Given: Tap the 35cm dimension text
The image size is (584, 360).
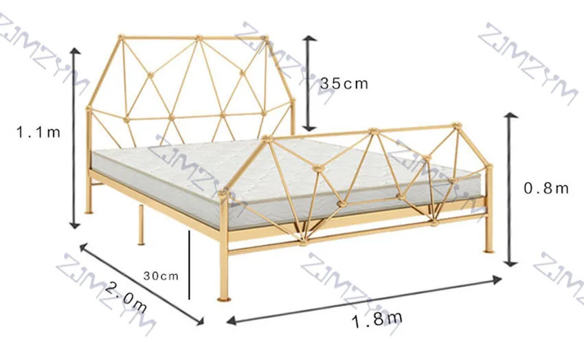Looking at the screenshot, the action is pos(344,84).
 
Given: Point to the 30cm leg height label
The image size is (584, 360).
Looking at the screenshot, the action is pos(161,275).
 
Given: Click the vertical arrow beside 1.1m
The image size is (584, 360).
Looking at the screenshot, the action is pos(75,137).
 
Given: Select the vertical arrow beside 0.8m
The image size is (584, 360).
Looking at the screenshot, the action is pos(510,189).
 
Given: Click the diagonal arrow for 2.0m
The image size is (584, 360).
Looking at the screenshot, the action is pos(141,282).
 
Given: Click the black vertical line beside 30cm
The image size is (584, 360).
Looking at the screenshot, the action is pos(189,265).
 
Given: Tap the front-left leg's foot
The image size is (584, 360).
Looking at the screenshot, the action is pos(223,297).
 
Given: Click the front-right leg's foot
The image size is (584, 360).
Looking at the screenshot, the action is pos(488,250).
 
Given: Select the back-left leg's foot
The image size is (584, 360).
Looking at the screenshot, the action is pos(89,211).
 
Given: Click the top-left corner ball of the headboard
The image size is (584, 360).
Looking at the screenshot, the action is pos(122,37).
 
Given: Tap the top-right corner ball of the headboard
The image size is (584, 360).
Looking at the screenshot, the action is pos(265,38).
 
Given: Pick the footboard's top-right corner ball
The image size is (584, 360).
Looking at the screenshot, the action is pos(454,126).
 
